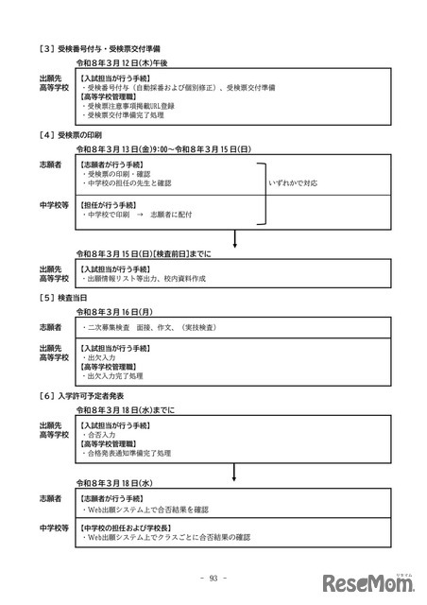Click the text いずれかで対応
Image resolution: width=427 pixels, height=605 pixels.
pos(295,182)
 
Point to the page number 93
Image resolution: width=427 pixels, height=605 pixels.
pos(213,579)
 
